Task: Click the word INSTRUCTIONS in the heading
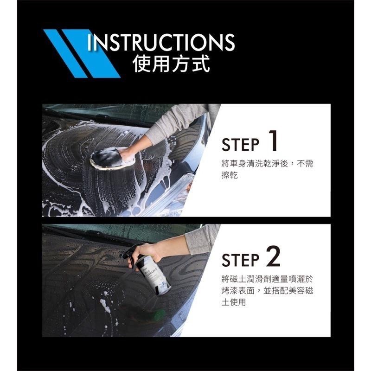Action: tap(161, 42)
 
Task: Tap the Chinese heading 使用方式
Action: tap(172, 64)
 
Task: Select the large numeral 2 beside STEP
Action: tap(273, 256)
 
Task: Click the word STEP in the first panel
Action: tap(240, 145)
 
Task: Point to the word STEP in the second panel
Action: tap(240, 260)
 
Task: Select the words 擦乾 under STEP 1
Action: tap(230, 176)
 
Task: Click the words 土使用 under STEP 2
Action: tap(234, 302)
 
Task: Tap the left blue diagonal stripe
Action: tap(65, 54)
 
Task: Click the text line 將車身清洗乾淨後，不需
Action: tap(268, 164)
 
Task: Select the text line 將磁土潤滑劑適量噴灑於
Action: tap(268, 279)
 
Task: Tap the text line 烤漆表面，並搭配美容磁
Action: tap(268, 291)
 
